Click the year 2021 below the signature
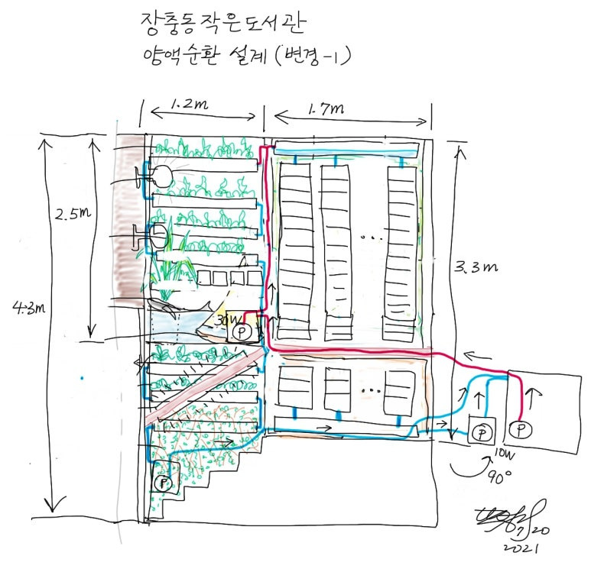click(x=523, y=548)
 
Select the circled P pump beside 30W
click(x=242, y=333)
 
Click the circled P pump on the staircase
click(x=162, y=483)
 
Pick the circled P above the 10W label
click(x=481, y=432)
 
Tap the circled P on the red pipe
click(x=521, y=429)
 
